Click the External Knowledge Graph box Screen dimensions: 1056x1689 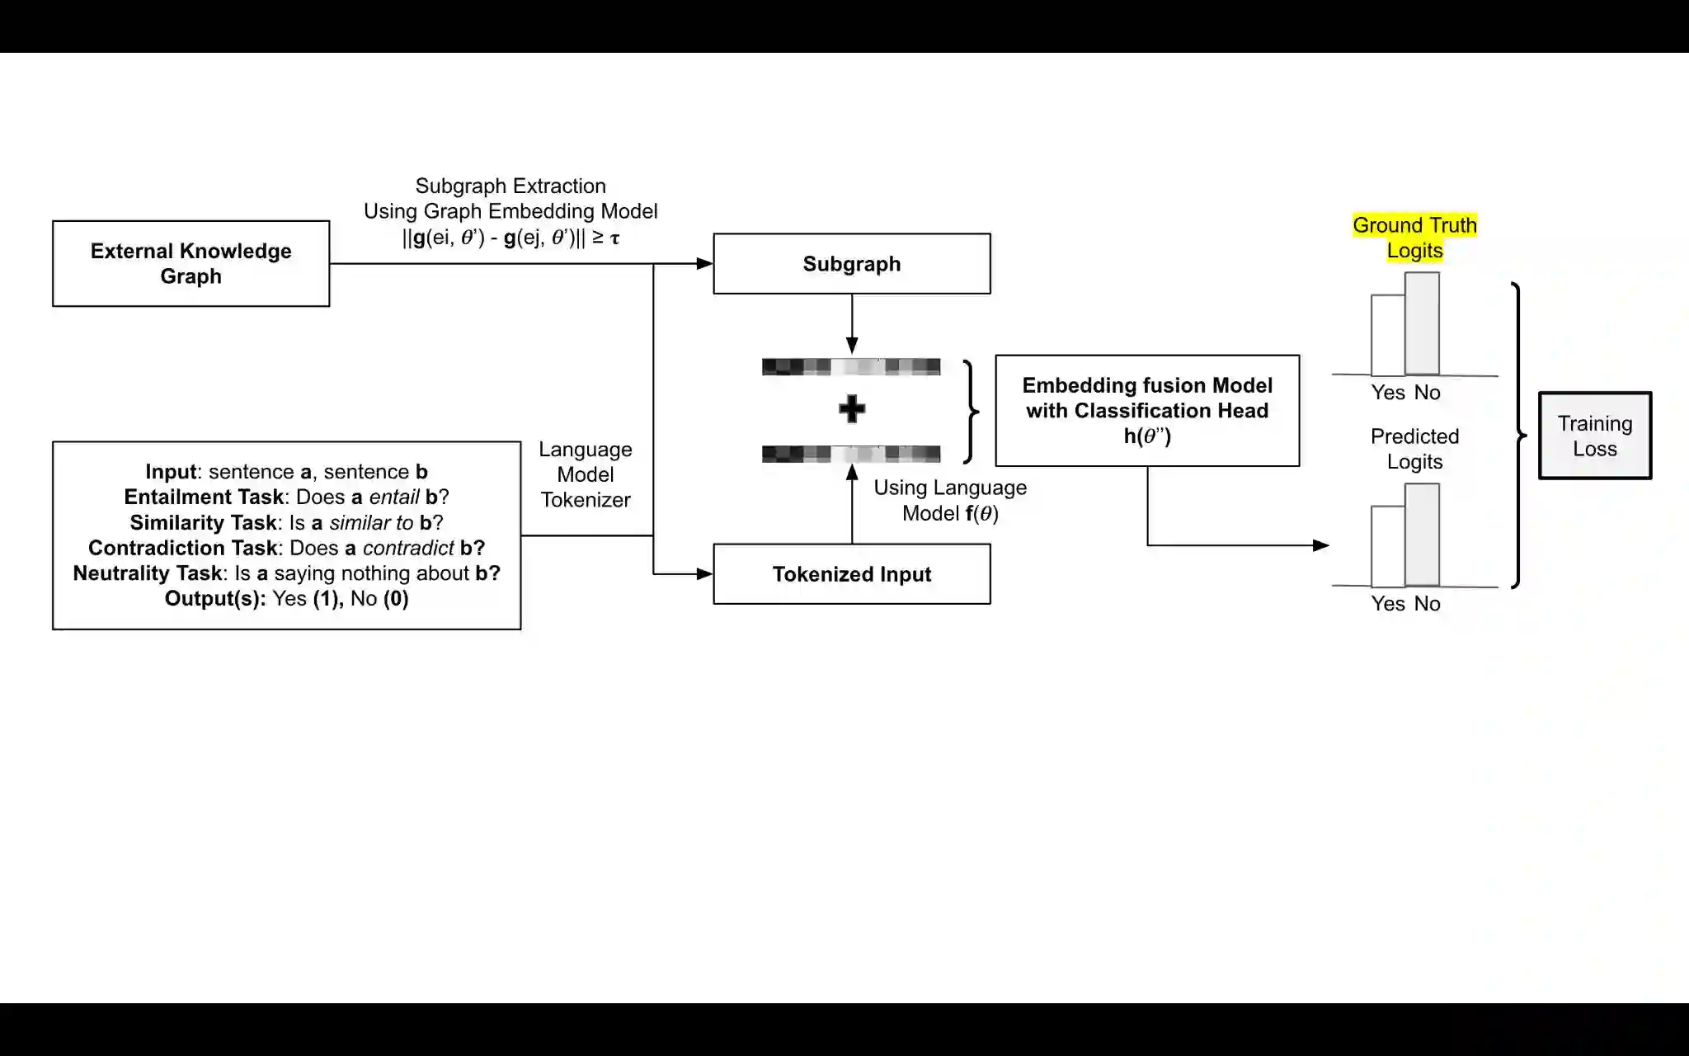pyautogui.click(x=191, y=263)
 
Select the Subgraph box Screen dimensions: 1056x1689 pyautogui.click(x=851, y=264)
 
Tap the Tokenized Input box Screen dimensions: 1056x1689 pyautogui.click(x=851, y=574)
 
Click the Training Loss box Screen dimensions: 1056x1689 pyautogui.click(x=1594, y=436)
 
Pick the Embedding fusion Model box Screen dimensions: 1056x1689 pyautogui.click(x=1147, y=411)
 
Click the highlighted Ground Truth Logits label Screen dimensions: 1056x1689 pyautogui.click(x=1414, y=238)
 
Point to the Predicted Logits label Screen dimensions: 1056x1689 pyautogui.click(x=1414, y=449)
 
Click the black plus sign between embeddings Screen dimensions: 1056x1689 pyautogui.click(x=852, y=409)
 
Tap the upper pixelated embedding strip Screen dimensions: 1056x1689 pyautogui.click(x=851, y=366)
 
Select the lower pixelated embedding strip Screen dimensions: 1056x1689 pyautogui.click(x=851, y=454)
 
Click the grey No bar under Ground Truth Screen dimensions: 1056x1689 pyautogui.click(x=1423, y=323)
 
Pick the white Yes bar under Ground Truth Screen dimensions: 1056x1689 pyautogui.click(x=1388, y=335)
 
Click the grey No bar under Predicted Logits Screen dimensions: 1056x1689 pyautogui.click(x=1423, y=535)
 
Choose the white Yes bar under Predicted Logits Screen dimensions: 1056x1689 pyautogui.click(x=1388, y=545)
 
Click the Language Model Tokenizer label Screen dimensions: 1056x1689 pyautogui.click(x=586, y=474)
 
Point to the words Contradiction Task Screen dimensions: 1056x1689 pyautogui.click(x=182, y=548)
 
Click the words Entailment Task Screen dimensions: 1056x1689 pyautogui.click(x=204, y=497)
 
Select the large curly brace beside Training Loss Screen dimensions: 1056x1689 pyautogui.click(x=1518, y=436)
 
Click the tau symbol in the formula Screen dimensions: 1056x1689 pyautogui.click(x=614, y=239)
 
